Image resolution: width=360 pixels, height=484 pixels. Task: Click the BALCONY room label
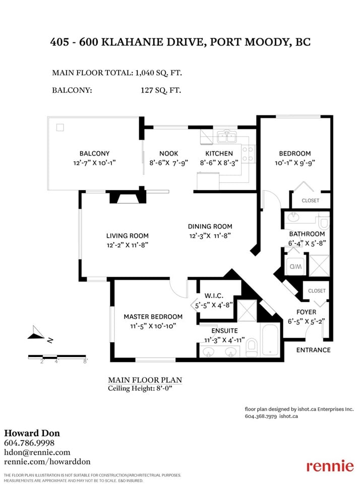click(x=94, y=153)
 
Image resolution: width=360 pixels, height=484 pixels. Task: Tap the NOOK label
click(x=168, y=153)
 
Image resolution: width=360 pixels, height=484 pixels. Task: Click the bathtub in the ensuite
click(x=270, y=340)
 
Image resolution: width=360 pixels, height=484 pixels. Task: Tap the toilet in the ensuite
click(x=251, y=347)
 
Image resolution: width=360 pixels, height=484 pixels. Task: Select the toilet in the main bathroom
click(x=324, y=222)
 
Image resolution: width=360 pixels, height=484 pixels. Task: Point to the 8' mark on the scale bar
click(x=85, y=360)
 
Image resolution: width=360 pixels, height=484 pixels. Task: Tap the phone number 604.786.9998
click(x=29, y=443)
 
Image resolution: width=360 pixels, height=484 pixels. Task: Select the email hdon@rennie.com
click(x=37, y=452)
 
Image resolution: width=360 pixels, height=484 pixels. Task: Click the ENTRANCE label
click(x=314, y=350)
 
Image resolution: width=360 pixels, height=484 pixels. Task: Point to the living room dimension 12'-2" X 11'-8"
click(x=128, y=245)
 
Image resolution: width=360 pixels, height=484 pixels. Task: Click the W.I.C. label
click(x=214, y=296)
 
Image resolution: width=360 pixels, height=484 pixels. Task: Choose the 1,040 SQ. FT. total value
click(x=159, y=73)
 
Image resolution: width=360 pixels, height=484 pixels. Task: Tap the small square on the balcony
click(x=60, y=127)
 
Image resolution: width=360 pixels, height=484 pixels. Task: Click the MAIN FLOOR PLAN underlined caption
click(x=145, y=380)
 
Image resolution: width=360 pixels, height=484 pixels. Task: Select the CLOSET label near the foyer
click(x=317, y=291)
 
